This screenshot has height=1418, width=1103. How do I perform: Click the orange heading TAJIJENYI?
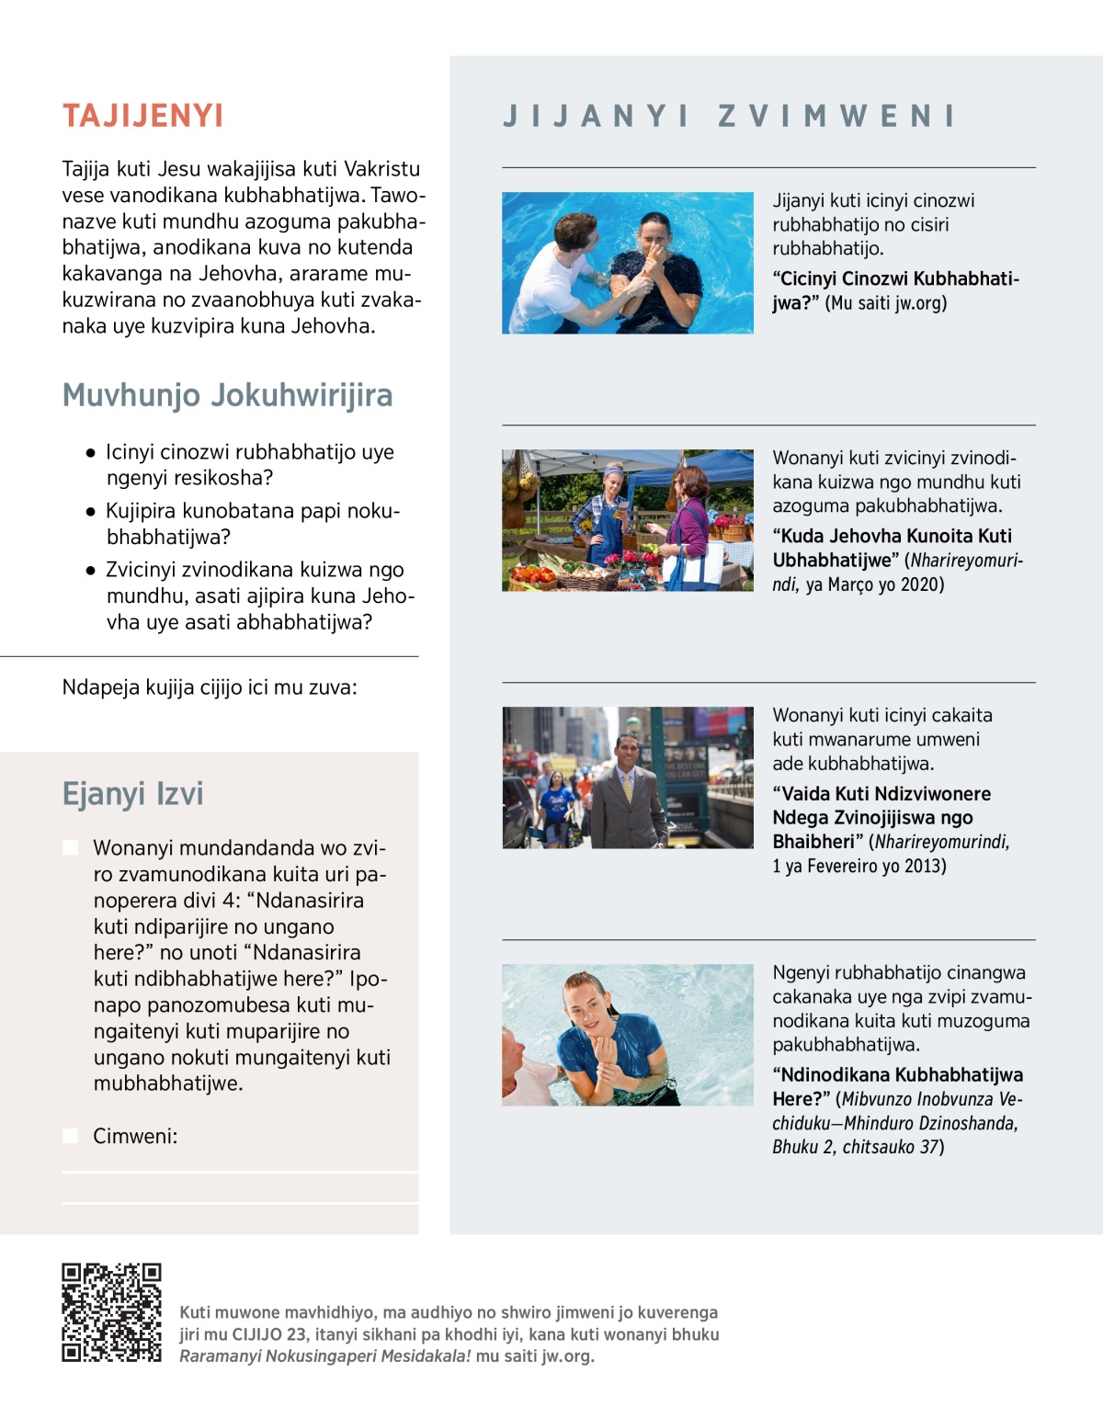[x=142, y=116]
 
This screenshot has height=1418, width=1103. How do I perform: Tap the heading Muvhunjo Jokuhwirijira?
[x=227, y=395]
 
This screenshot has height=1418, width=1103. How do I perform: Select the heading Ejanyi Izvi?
[x=132, y=793]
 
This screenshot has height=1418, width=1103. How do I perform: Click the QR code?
[x=111, y=1311]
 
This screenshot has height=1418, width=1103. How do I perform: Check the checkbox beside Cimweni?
[x=70, y=1136]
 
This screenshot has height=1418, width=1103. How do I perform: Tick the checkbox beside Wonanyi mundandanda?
[x=70, y=847]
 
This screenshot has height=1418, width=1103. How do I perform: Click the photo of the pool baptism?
[x=627, y=263]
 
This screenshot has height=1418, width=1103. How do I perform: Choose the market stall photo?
[x=627, y=520]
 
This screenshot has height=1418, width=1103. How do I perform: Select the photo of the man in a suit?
[x=627, y=777]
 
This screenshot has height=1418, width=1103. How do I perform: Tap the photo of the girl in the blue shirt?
[x=627, y=1035]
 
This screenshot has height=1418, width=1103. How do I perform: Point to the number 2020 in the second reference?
[x=921, y=584]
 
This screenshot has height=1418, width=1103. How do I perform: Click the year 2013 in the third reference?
[x=923, y=866]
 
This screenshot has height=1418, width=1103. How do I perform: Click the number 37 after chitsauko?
[x=929, y=1147]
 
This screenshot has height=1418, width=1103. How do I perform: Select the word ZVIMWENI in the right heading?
[x=836, y=116]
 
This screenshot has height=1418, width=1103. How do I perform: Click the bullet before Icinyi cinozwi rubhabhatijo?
[x=90, y=452]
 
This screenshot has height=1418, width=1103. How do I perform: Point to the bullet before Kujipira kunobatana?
[x=90, y=511]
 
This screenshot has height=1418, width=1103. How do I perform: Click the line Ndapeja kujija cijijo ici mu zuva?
[x=210, y=687]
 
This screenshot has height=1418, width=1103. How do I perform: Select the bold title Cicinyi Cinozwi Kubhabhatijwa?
[x=895, y=279]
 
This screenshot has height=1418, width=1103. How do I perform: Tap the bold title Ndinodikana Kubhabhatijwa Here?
[x=897, y=1075]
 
